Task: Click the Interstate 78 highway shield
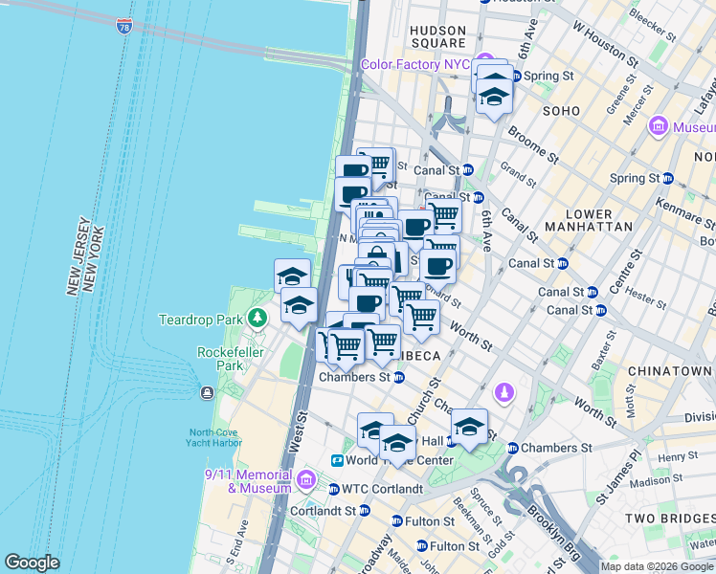click(x=124, y=26)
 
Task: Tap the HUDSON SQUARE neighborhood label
click(x=437, y=37)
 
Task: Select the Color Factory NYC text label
click(x=415, y=65)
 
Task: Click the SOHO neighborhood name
click(x=561, y=111)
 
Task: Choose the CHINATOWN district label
click(x=670, y=370)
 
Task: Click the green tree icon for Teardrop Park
click(x=256, y=317)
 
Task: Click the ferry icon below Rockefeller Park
click(x=206, y=392)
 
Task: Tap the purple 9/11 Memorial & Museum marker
click(x=306, y=479)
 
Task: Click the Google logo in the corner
click(x=32, y=563)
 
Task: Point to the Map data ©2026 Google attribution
click(x=656, y=566)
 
